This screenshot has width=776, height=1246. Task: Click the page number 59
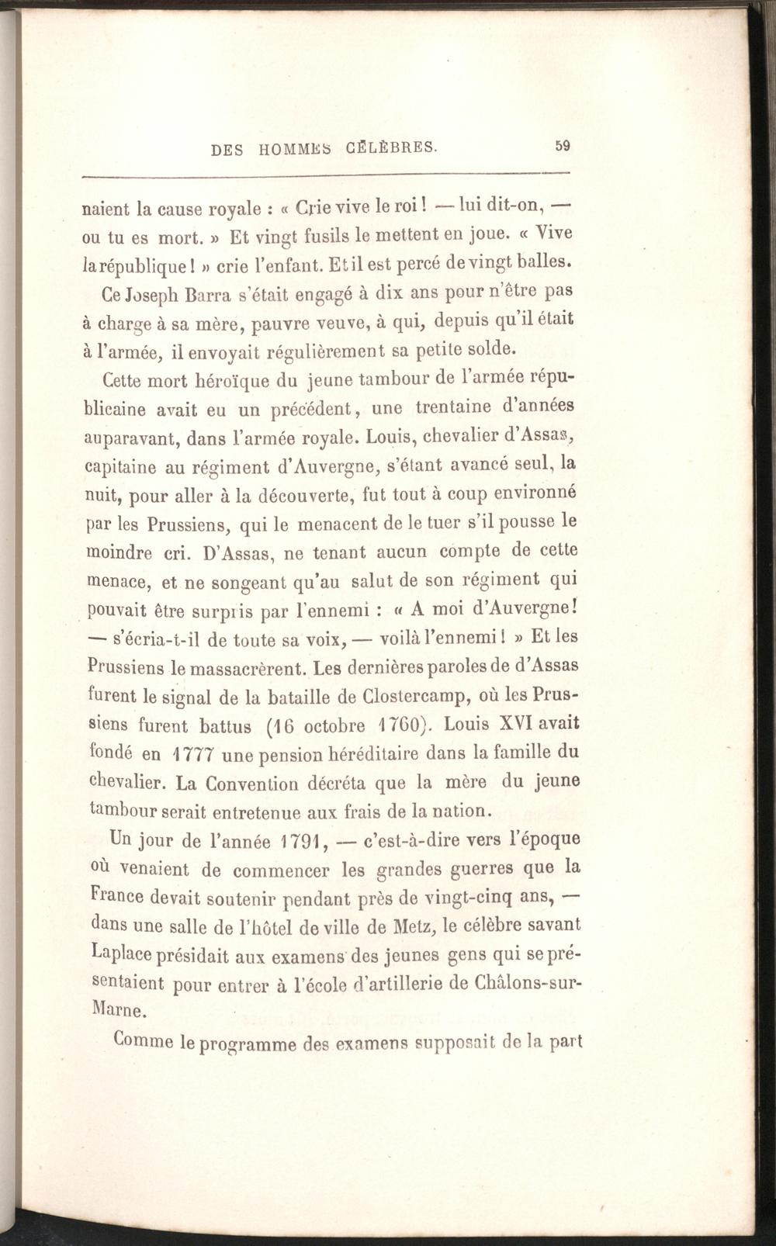[563, 144]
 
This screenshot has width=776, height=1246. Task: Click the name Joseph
[151, 296]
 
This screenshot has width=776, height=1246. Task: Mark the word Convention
[257, 783]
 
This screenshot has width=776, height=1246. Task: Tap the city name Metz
[418, 926]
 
